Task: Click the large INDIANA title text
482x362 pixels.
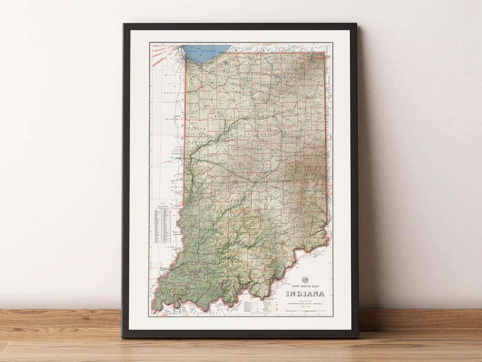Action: point(305,294)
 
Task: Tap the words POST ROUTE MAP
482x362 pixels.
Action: point(305,286)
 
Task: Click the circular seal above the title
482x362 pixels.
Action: point(305,278)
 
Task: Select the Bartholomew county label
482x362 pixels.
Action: point(270,220)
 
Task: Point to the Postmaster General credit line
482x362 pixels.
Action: point(305,303)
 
